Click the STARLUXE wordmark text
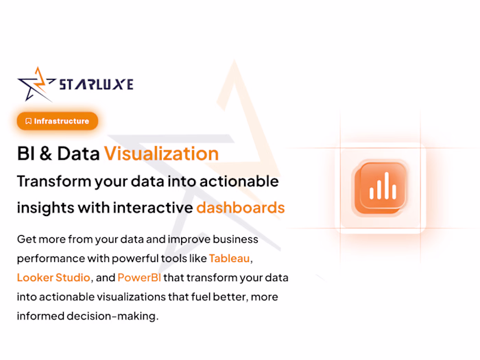coord(96,84)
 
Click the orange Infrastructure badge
coord(58,121)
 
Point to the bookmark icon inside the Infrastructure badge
coord(28,121)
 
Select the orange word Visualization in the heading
coord(161,154)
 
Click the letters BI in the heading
coord(25,154)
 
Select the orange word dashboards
coord(240,207)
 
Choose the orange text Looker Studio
coord(53,278)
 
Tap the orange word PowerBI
coord(139,278)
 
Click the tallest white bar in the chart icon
coord(386,185)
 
